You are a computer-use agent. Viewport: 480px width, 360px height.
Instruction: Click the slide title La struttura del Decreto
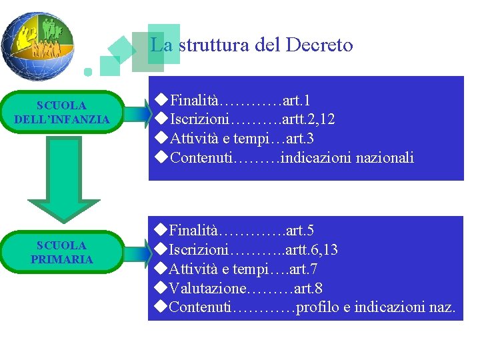tap(251, 45)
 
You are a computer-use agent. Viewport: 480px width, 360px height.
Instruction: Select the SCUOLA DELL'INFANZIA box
tap(62, 113)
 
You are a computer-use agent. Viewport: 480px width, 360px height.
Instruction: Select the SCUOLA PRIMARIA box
tap(62, 252)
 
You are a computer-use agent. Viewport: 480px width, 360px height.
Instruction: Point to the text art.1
tap(296, 101)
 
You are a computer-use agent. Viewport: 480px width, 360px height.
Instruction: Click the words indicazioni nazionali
tap(348, 158)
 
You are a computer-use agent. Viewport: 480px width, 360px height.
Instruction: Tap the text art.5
tap(299, 231)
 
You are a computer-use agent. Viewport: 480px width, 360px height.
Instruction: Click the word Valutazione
tap(208, 288)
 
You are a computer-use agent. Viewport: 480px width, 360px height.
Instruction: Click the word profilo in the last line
tap(317, 307)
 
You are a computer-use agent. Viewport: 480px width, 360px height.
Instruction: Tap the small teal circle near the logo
tap(87, 71)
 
